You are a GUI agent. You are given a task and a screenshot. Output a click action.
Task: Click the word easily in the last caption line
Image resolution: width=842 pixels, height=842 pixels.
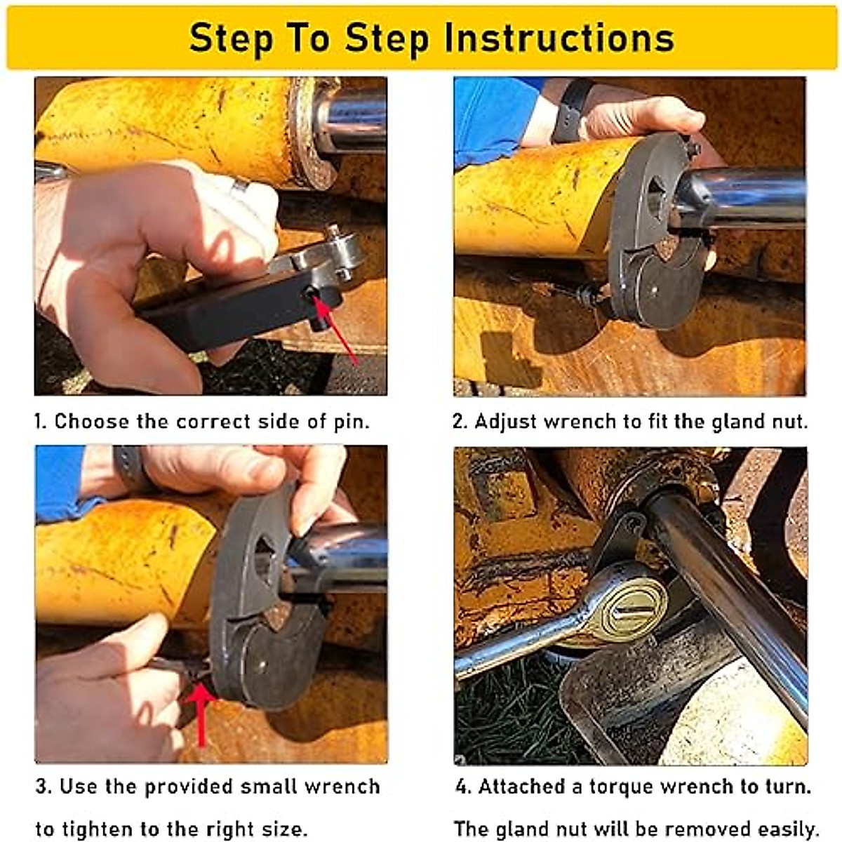pyautogui.click(x=785, y=829)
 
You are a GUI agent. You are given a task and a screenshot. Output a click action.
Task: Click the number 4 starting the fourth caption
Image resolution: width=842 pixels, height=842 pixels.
pyautogui.click(x=462, y=787)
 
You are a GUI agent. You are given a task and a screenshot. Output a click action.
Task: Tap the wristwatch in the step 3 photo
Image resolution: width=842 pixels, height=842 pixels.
pyautogui.click(x=131, y=467)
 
